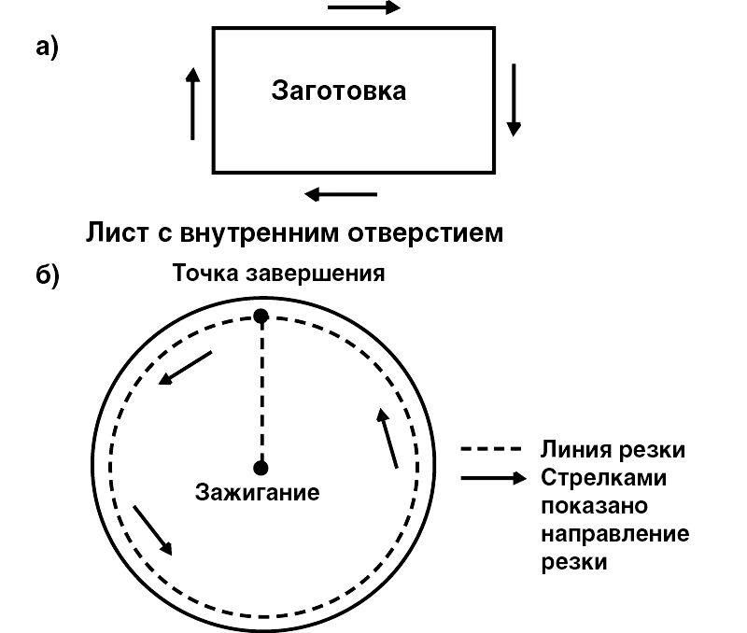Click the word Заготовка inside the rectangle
click(x=338, y=91)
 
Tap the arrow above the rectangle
click(x=364, y=8)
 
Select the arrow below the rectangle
click(x=342, y=194)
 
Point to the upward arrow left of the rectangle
click(x=193, y=103)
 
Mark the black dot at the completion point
click(x=261, y=316)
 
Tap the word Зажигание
click(x=257, y=492)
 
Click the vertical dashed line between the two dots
click(x=261, y=392)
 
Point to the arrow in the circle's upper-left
click(x=186, y=367)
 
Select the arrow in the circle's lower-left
click(x=153, y=530)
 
